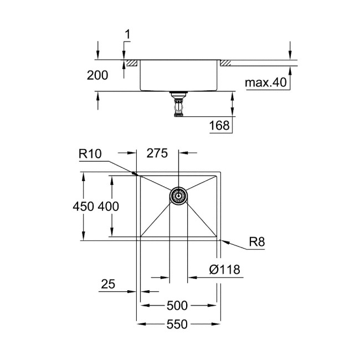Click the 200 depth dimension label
97,76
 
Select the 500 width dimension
178,305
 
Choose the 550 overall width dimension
178,325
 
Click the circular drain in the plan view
178,197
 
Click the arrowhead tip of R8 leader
220,240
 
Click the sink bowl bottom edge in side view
178,91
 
